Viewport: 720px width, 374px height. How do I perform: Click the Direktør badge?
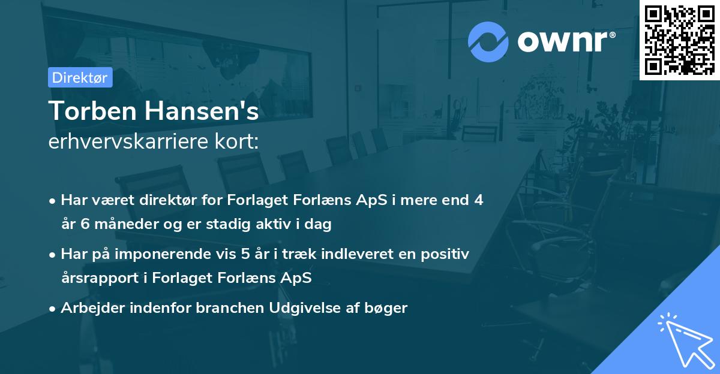80,77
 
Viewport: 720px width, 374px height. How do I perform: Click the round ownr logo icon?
488,41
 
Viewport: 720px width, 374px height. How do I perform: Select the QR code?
680,40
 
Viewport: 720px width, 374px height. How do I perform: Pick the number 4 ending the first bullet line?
478,200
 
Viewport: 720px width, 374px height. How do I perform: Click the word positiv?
445,254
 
